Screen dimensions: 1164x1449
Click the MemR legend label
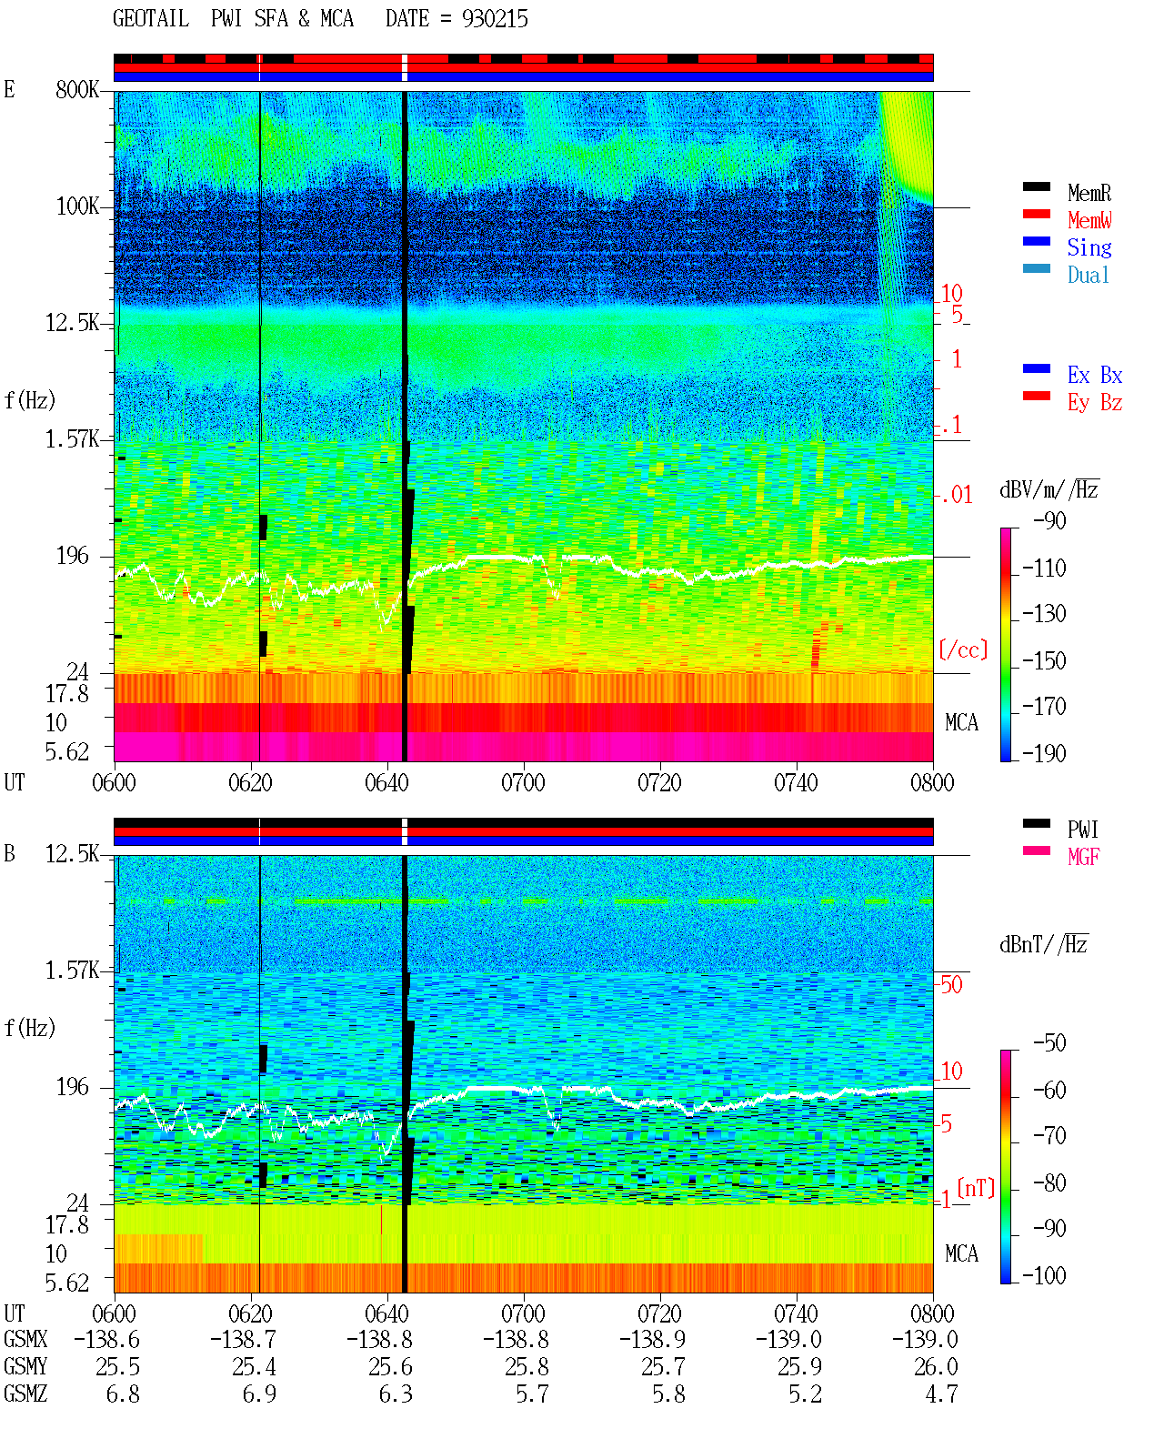[1089, 193]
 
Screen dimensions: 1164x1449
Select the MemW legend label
[1089, 220]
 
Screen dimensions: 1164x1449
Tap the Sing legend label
[1089, 247]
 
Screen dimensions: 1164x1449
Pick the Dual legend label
[1088, 275]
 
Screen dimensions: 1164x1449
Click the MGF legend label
[1083, 857]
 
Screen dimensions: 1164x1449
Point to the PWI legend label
[1082, 830]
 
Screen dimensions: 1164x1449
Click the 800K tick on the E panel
[77, 89]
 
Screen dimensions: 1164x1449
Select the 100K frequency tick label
[77, 206]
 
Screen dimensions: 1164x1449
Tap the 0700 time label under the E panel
[523, 783]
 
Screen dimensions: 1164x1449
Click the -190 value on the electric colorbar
[1044, 753]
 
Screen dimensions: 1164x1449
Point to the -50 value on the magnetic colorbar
[1049, 1043]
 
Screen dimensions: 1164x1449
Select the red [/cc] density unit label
[963, 649]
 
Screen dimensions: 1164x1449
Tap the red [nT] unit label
[976, 1188]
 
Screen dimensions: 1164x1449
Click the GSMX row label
[25, 1339]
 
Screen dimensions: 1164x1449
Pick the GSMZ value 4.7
[941, 1394]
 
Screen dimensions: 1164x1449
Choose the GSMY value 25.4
[254, 1366]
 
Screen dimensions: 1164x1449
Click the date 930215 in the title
[495, 19]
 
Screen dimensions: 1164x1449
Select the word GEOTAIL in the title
[151, 19]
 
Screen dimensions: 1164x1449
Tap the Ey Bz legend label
[1095, 403]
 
